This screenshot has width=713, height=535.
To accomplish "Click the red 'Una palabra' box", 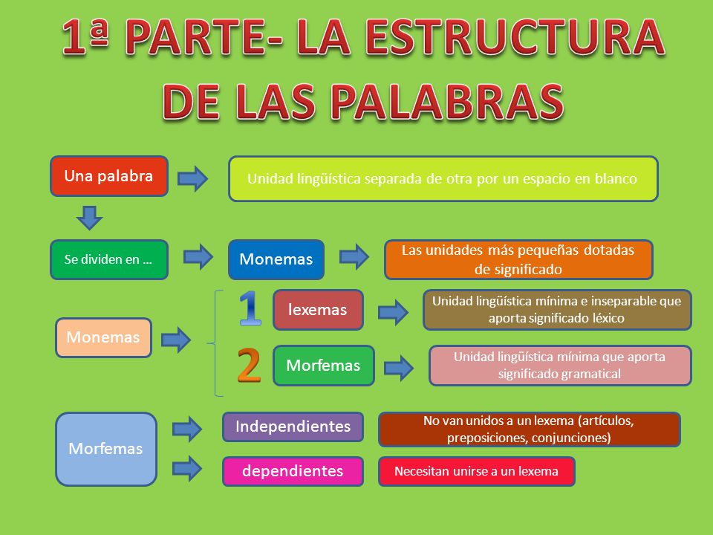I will coord(108,176).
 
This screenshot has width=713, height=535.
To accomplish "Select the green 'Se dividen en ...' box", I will coord(108,259).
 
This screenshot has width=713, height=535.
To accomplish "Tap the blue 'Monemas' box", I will coord(276,259).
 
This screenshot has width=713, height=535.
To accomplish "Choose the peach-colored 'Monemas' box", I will coord(103,337).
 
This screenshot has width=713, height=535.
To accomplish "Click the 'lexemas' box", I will coord(318,310).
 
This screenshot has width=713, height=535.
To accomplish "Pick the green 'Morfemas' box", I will coord(323,366).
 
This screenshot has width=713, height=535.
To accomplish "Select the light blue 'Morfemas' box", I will coord(106,449).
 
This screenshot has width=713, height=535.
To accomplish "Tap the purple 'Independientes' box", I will coord(293,427).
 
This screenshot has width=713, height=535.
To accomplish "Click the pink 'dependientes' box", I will coord(293,471).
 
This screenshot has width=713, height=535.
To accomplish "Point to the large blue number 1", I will coord(250,308).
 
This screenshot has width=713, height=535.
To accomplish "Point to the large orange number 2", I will coord(249,365).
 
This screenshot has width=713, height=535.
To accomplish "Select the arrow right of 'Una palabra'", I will coord(192,179).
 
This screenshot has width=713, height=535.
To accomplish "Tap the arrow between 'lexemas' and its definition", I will coord(393,311).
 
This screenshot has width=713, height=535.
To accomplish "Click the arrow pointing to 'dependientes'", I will coord(187,468).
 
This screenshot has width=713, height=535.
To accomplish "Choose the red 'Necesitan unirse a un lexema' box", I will coord(476,471).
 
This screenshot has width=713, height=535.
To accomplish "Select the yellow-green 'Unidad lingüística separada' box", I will coord(443,179).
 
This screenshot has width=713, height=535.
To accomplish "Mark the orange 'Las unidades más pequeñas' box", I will coord(518,259).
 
